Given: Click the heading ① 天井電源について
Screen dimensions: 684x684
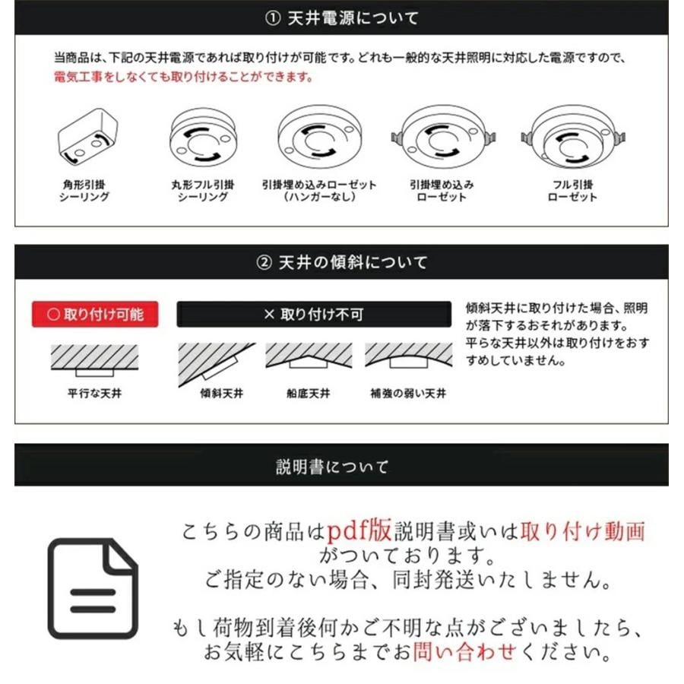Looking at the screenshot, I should click(341, 18).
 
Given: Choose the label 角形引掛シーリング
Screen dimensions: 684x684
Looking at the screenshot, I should click(84, 191).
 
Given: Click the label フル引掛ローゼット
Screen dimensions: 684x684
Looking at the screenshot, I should click(572, 191).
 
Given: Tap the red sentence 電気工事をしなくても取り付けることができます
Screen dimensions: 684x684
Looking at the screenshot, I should click(182, 78).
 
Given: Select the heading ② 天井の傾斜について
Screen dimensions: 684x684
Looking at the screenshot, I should click(341, 262).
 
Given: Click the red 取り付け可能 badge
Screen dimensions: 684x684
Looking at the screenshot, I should click(95, 314).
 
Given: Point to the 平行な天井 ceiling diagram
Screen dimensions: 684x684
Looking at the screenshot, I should click(94, 359).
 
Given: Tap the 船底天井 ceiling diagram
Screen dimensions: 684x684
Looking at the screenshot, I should click(309, 356).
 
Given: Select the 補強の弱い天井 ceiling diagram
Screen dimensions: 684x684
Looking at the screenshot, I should click(408, 356).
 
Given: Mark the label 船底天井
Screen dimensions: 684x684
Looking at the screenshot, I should click(309, 394).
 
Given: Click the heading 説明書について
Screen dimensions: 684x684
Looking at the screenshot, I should click(341, 466).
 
